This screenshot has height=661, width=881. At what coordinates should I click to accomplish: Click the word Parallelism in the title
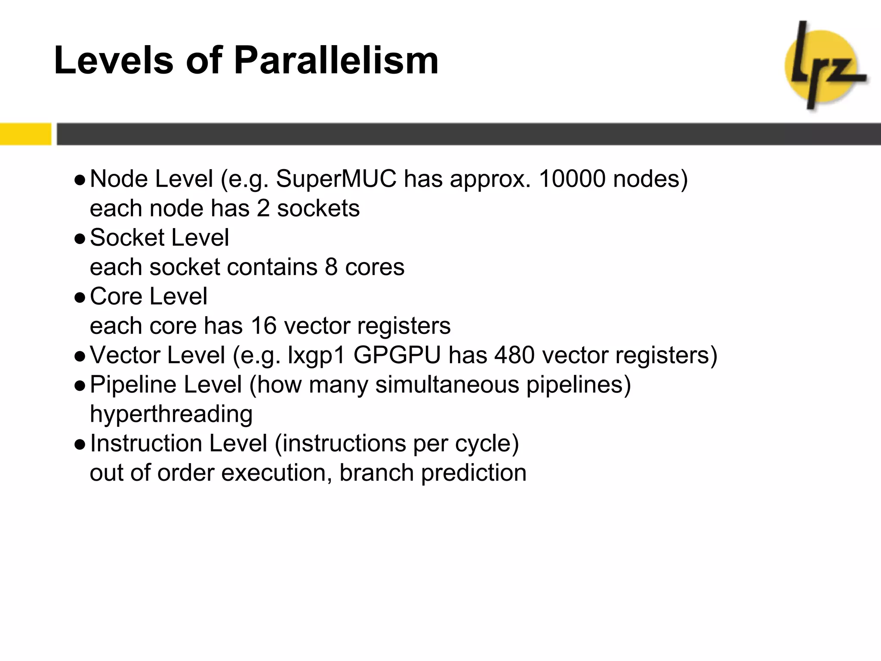(x=336, y=61)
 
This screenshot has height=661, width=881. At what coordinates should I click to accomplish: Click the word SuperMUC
(x=336, y=179)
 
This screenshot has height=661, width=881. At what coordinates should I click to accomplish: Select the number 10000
(x=572, y=179)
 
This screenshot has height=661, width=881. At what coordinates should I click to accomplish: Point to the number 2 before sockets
(x=263, y=209)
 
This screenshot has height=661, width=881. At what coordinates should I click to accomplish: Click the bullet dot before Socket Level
(x=80, y=239)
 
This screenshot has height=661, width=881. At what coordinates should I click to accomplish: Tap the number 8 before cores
(x=331, y=267)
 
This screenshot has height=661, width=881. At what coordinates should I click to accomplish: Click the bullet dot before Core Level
(x=80, y=298)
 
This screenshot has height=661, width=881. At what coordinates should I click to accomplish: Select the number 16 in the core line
(x=264, y=326)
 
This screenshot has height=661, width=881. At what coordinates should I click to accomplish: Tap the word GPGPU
(x=397, y=356)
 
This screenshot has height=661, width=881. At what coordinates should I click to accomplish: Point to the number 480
(x=511, y=356)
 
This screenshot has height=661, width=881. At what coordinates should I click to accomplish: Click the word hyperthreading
(x=171, y=415)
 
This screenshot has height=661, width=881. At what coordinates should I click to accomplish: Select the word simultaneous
(x=447, y=385)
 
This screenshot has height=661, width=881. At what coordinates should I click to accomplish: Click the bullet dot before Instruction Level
(x=80, y=445)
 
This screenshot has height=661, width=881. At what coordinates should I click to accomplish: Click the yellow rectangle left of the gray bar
(x=25, y=134)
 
